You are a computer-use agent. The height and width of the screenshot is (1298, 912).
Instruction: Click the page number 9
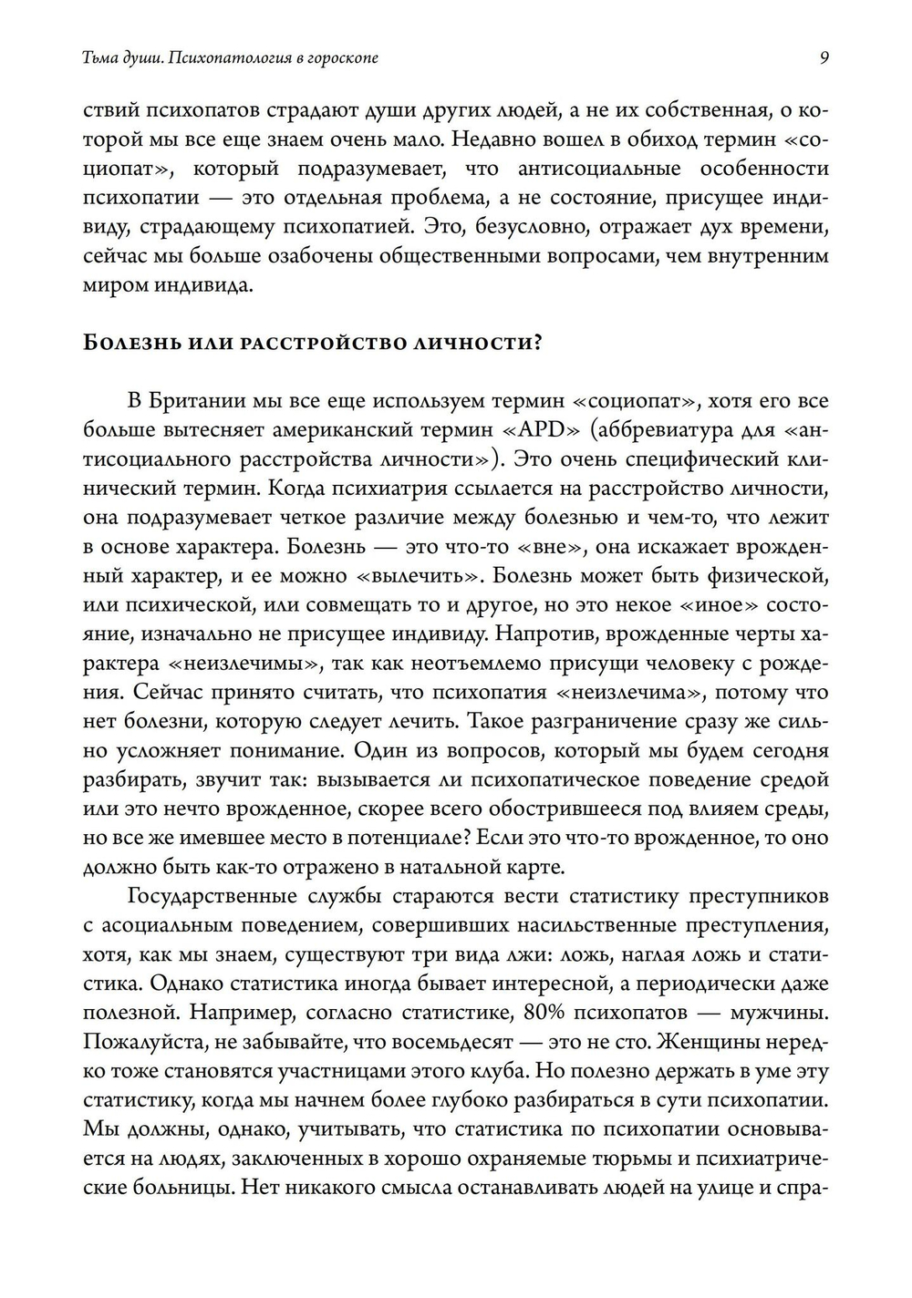(824, 58)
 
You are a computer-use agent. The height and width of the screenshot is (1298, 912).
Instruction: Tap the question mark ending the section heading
(540, 343)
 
